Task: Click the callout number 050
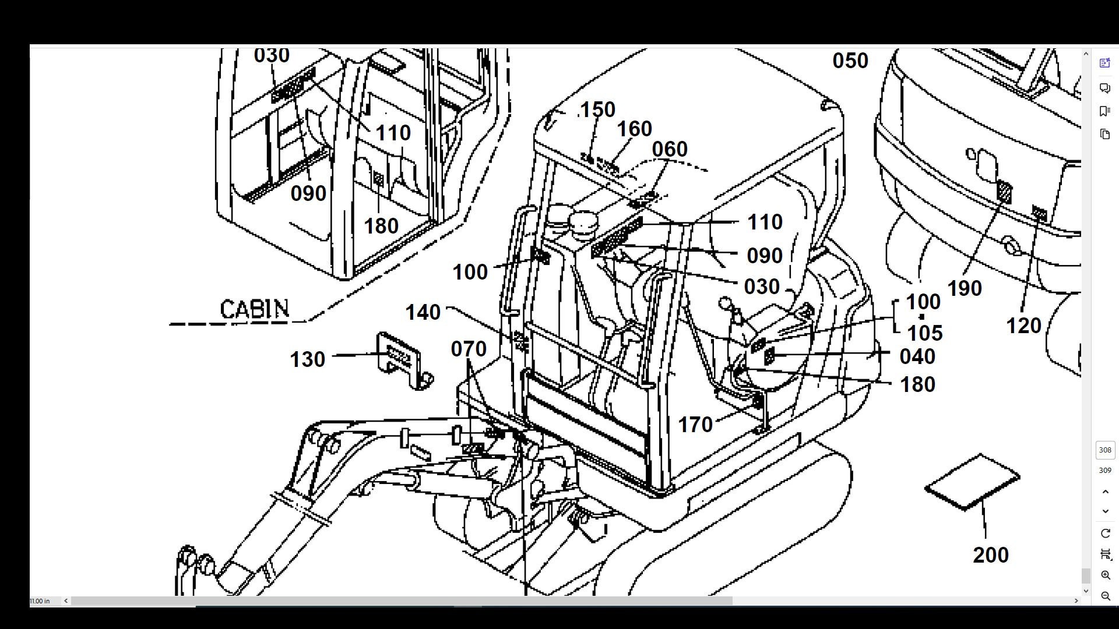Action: pyautogui.click(x=850, y=61)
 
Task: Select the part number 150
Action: pyautogui.click(x=598, y=109)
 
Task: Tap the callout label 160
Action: pyautogui.click(x=634, y=129)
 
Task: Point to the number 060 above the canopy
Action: pyautogui.click(x=670, y=149)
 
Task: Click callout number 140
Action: pyautogui.click(x=423, y=313)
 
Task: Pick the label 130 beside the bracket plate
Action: pyautogui.click(x=308, y=359)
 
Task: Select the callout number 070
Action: pyautogui.click(x=469, y=349)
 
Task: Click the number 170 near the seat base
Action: pyautogui.click(x=695, y=425)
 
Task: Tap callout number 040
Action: pyautogui.click(x=917, y=356)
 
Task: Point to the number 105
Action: pyautogui.click(x=925, y=333)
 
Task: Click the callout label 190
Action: pyautogui.click(x=965, y=288)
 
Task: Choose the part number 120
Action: pyautogui.click(x=1023, y=326)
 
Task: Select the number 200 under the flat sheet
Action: pyautogui.click(x=991, y=555)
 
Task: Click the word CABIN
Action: pyautogui.click(x=255, y=309)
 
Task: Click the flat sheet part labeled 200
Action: pyautogui.click(x=972, y=482)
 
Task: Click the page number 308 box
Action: pyautogui.click(x=1105, y=450)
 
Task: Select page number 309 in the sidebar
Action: pyautogui.click(x=1105, y=471)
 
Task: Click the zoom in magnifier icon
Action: pyautogui.click(x=1105, y=575)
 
